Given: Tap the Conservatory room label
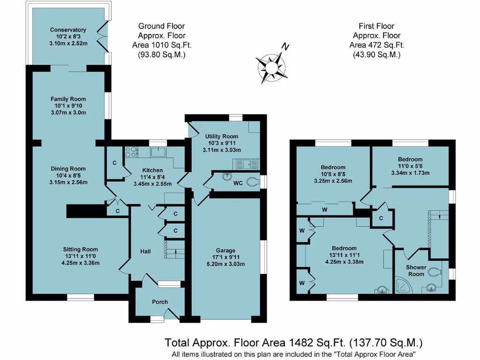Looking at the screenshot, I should pos(68,30).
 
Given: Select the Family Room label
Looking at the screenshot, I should pos(68,99).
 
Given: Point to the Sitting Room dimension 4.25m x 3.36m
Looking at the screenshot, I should pos(82,263).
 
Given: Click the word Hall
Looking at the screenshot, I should pos(145,252).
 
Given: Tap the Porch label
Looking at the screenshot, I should pos(160,302).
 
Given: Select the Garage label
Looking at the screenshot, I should pos(225,250).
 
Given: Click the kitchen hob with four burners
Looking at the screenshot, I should pos(130,152).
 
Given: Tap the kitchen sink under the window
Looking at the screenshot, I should pos(157,152).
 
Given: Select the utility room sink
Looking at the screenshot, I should pos(245,164).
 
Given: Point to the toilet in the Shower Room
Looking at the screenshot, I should pos(435,271).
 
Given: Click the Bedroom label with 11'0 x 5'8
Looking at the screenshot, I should pos(410,159).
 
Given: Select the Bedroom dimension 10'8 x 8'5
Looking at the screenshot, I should pos(333,174).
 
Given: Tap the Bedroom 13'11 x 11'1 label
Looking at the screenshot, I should pos(344,248).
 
